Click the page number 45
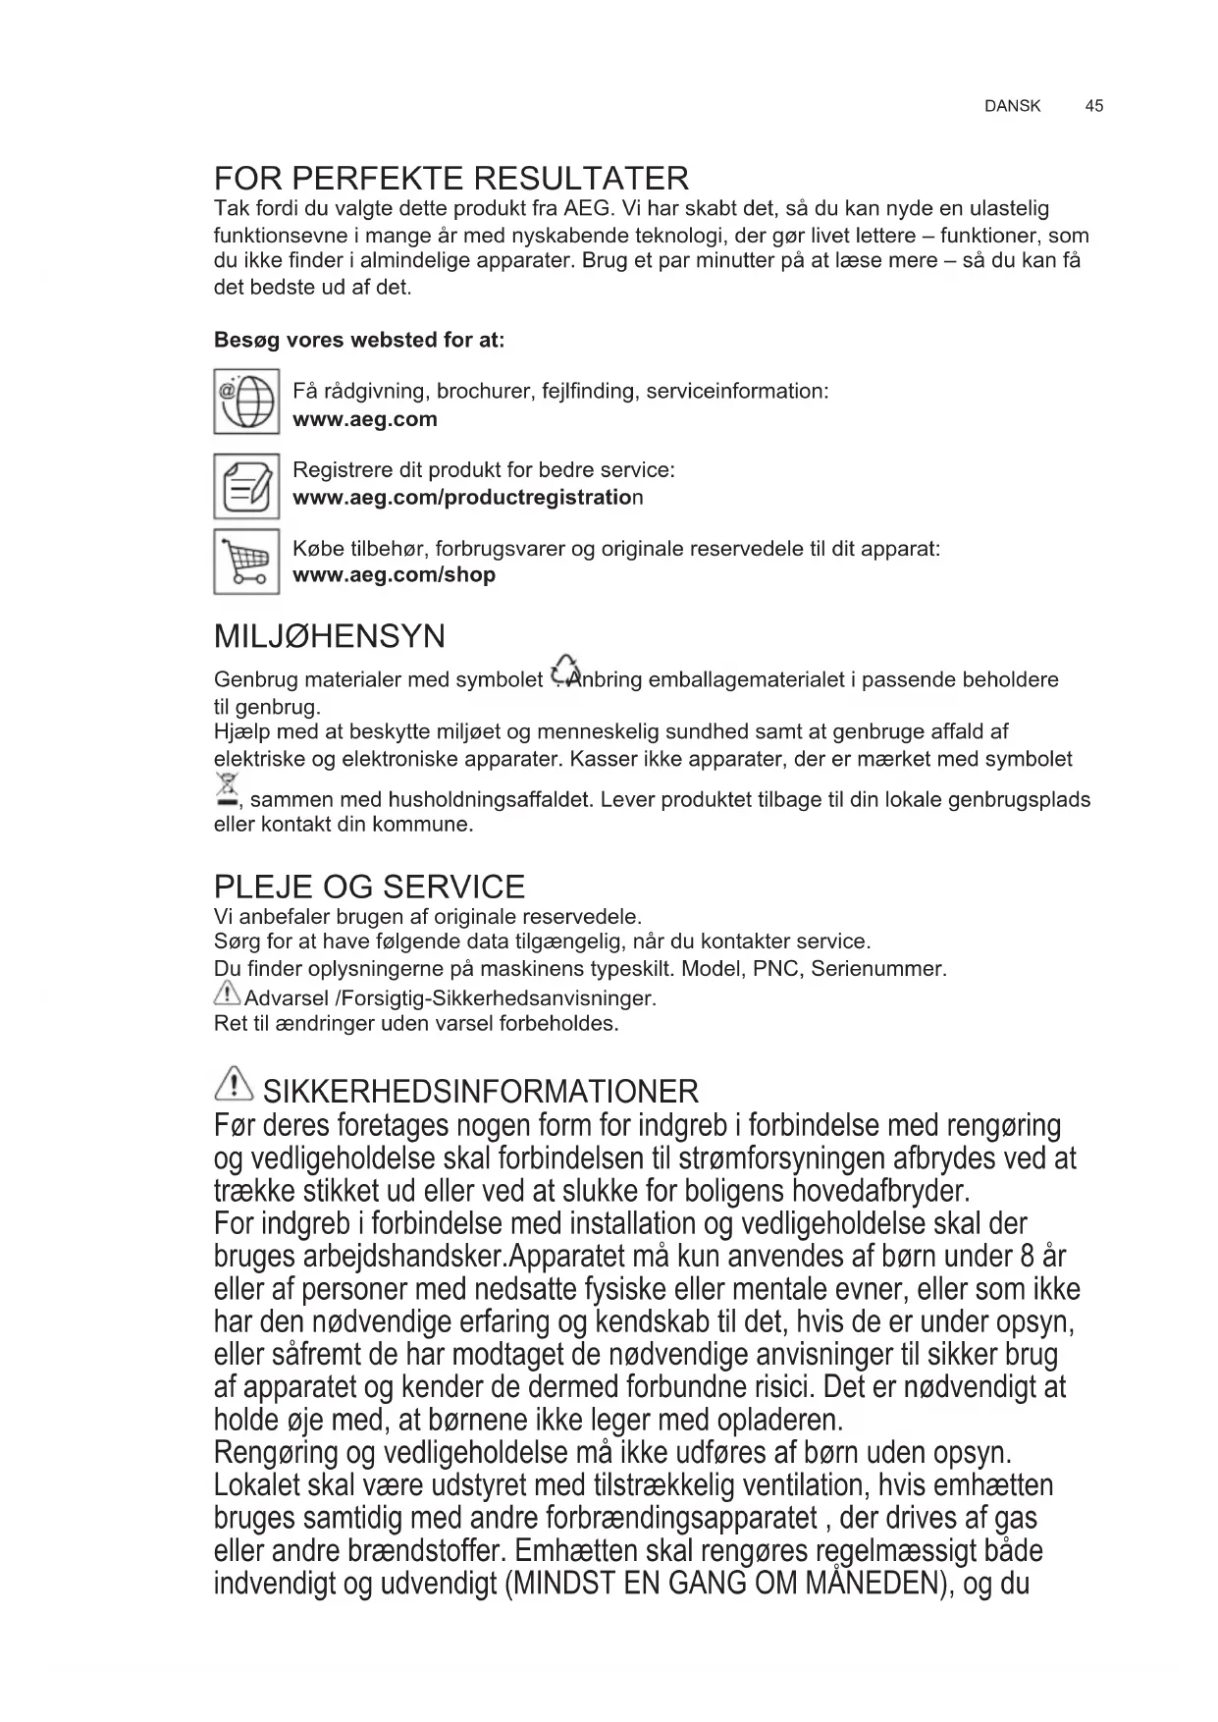pyautogui.click(x=1093, y=106)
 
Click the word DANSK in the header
pyautogui.click(x=1012, y=106)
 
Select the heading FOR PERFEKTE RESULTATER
pyautogui.click(x=451, y=179)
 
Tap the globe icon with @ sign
pyautogui.click(x=246, y=402)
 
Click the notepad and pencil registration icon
pyautogui.click(x=246, y=486)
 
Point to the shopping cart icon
pyautogui.click(x=246, y=562)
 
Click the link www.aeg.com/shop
pyautogui.click(x=394, y=575)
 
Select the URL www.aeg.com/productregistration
pyautogui.click(x=467, y=498)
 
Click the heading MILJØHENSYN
pyautogui.click(x=329, y=636)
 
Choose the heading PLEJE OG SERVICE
pyautogui.click(x=369, y=887)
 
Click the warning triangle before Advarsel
pyautogui.click(x=227, y=996)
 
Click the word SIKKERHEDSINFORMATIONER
pyautogui.click(x=481, y=1091)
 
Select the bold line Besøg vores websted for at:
pyautogui.click(x=359, y=341)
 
